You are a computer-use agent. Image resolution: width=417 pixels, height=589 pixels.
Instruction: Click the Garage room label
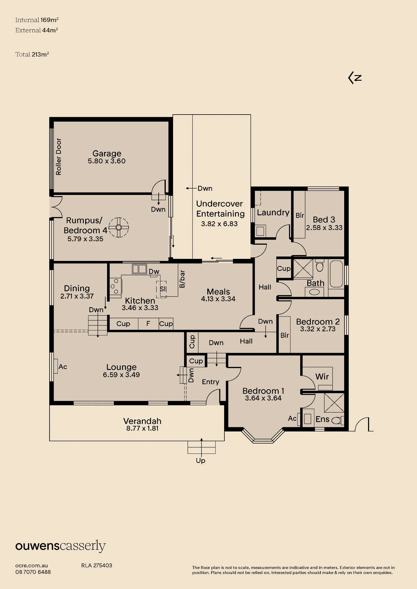[107, 153]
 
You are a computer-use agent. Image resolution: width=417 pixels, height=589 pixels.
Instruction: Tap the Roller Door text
[59, 157]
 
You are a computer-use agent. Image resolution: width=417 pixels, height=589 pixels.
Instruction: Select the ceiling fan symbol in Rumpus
[119, 227]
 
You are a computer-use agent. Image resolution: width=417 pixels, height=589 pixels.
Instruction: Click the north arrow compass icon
[355, 78]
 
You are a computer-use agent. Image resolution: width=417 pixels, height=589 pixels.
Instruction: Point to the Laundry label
[273, 213]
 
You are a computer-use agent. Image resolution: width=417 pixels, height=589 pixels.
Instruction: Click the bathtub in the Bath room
[336, 274]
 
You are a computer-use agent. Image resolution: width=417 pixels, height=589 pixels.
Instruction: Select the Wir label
[322, 376]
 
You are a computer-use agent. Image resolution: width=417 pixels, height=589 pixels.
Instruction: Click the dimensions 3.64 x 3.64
[263, 398]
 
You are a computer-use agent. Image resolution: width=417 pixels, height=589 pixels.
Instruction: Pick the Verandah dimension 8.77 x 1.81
[142, 428]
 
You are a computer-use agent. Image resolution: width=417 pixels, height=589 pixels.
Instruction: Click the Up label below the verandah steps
[201, 461]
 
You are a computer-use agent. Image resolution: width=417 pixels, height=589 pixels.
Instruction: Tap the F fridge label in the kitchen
[148, 324]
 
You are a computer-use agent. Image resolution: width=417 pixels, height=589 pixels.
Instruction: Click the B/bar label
[182, 279]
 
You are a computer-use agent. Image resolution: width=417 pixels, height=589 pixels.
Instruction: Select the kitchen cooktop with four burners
[116, 286]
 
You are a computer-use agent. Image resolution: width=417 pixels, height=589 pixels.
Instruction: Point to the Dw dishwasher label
[154, 272]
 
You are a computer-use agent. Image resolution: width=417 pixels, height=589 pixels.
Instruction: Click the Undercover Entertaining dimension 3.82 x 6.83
[219, 224]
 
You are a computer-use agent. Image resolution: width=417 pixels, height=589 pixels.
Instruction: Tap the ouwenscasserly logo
[60, 547]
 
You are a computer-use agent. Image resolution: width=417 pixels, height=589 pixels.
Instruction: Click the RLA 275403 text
[97, 565]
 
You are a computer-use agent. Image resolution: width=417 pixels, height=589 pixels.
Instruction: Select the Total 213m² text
[32, 54]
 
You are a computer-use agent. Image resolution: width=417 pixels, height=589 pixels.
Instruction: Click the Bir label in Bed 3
[300, 215]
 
